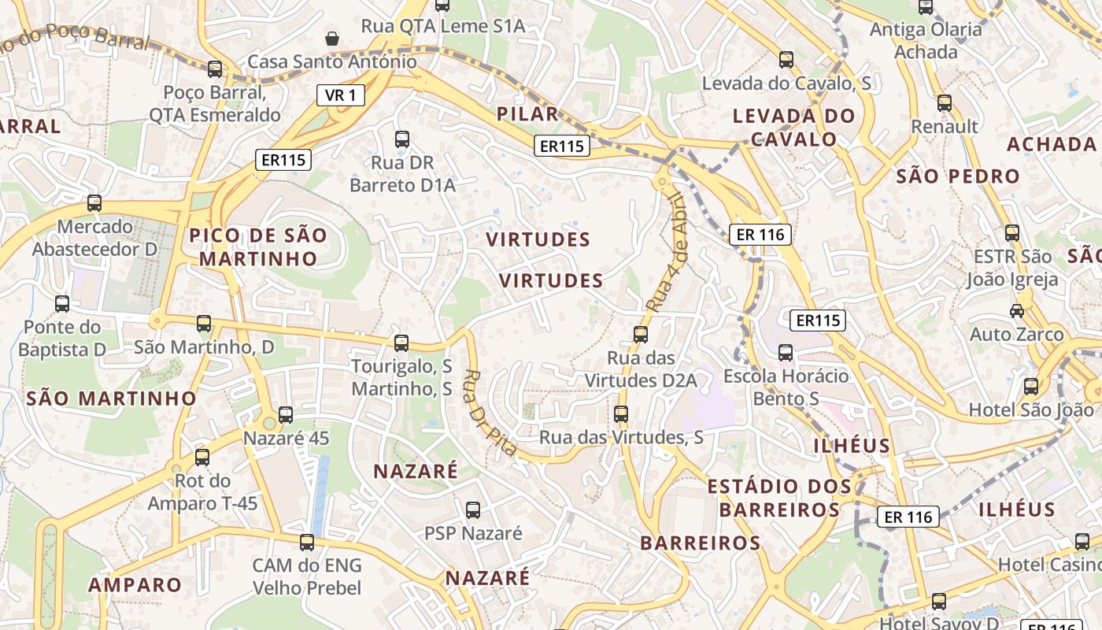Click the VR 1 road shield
click(341, 96)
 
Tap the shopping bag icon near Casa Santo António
click(332, 38)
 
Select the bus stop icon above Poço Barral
click(215, 69)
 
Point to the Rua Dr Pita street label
click(490, 413)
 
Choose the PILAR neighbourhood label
click(527, 113)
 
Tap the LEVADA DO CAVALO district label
click(793, 128)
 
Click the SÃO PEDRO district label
click(958, 176)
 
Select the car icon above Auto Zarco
click(1017, 310)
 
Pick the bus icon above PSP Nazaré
click(473, 510)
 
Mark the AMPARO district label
click(135, 585)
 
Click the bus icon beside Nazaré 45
click(286, 414)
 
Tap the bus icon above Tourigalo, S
click(401, 343)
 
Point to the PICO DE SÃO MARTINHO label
click(257, 246)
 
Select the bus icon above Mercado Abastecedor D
click(94, 202)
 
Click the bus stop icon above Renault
click(945, 102)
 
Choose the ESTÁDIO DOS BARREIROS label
click(779, 498)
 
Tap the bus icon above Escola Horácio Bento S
click(786, 352)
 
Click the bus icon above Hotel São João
click(1031, 386)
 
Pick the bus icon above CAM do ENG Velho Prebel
click(307, 542)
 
